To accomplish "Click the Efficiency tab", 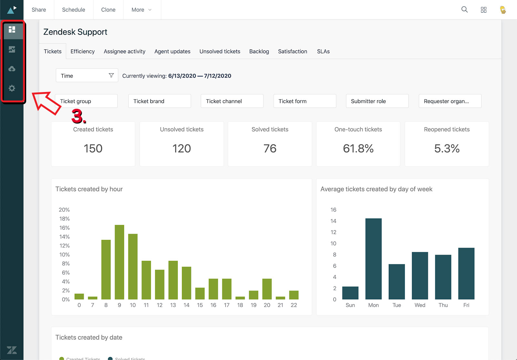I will [82, 51].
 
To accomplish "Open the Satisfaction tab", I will [292, 51].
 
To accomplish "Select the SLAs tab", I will [323, 51].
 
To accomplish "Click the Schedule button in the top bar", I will [73, 10].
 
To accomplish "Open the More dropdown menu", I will [141, 10].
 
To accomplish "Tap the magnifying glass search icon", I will [464, 10].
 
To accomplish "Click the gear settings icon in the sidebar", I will [12, 88].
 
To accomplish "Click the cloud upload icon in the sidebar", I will [12, 69].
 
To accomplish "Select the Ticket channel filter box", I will [232, 101].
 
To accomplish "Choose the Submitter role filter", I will [377, 101].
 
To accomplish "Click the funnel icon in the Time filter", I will [111, 75].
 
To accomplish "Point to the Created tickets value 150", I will [93, 149].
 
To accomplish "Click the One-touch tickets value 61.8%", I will [358, 149].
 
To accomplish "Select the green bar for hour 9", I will [119, 262].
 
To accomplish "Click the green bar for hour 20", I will [267, 289].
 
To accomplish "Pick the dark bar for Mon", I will [373, 259].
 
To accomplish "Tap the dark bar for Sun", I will [350, 293].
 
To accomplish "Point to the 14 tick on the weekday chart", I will [333, 221].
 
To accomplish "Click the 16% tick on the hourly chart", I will [64, 228].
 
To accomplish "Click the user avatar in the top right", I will [503, 10].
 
